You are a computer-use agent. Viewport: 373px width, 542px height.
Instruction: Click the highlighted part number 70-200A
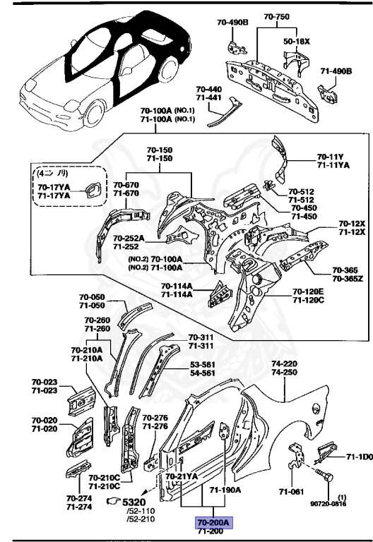coord(213,522)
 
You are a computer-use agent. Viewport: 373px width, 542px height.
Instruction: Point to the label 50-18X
coord(297,42)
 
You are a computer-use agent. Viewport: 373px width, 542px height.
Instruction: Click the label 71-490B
coord(335,71)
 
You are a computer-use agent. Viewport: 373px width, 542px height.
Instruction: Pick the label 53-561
coord(203,365)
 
